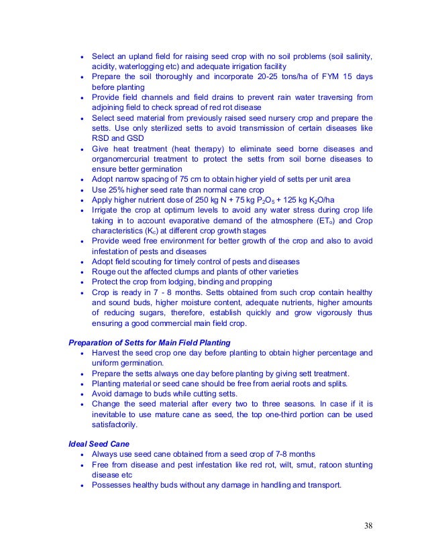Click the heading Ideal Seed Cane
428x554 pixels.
[100, 444]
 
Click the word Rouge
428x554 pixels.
[105, 271]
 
